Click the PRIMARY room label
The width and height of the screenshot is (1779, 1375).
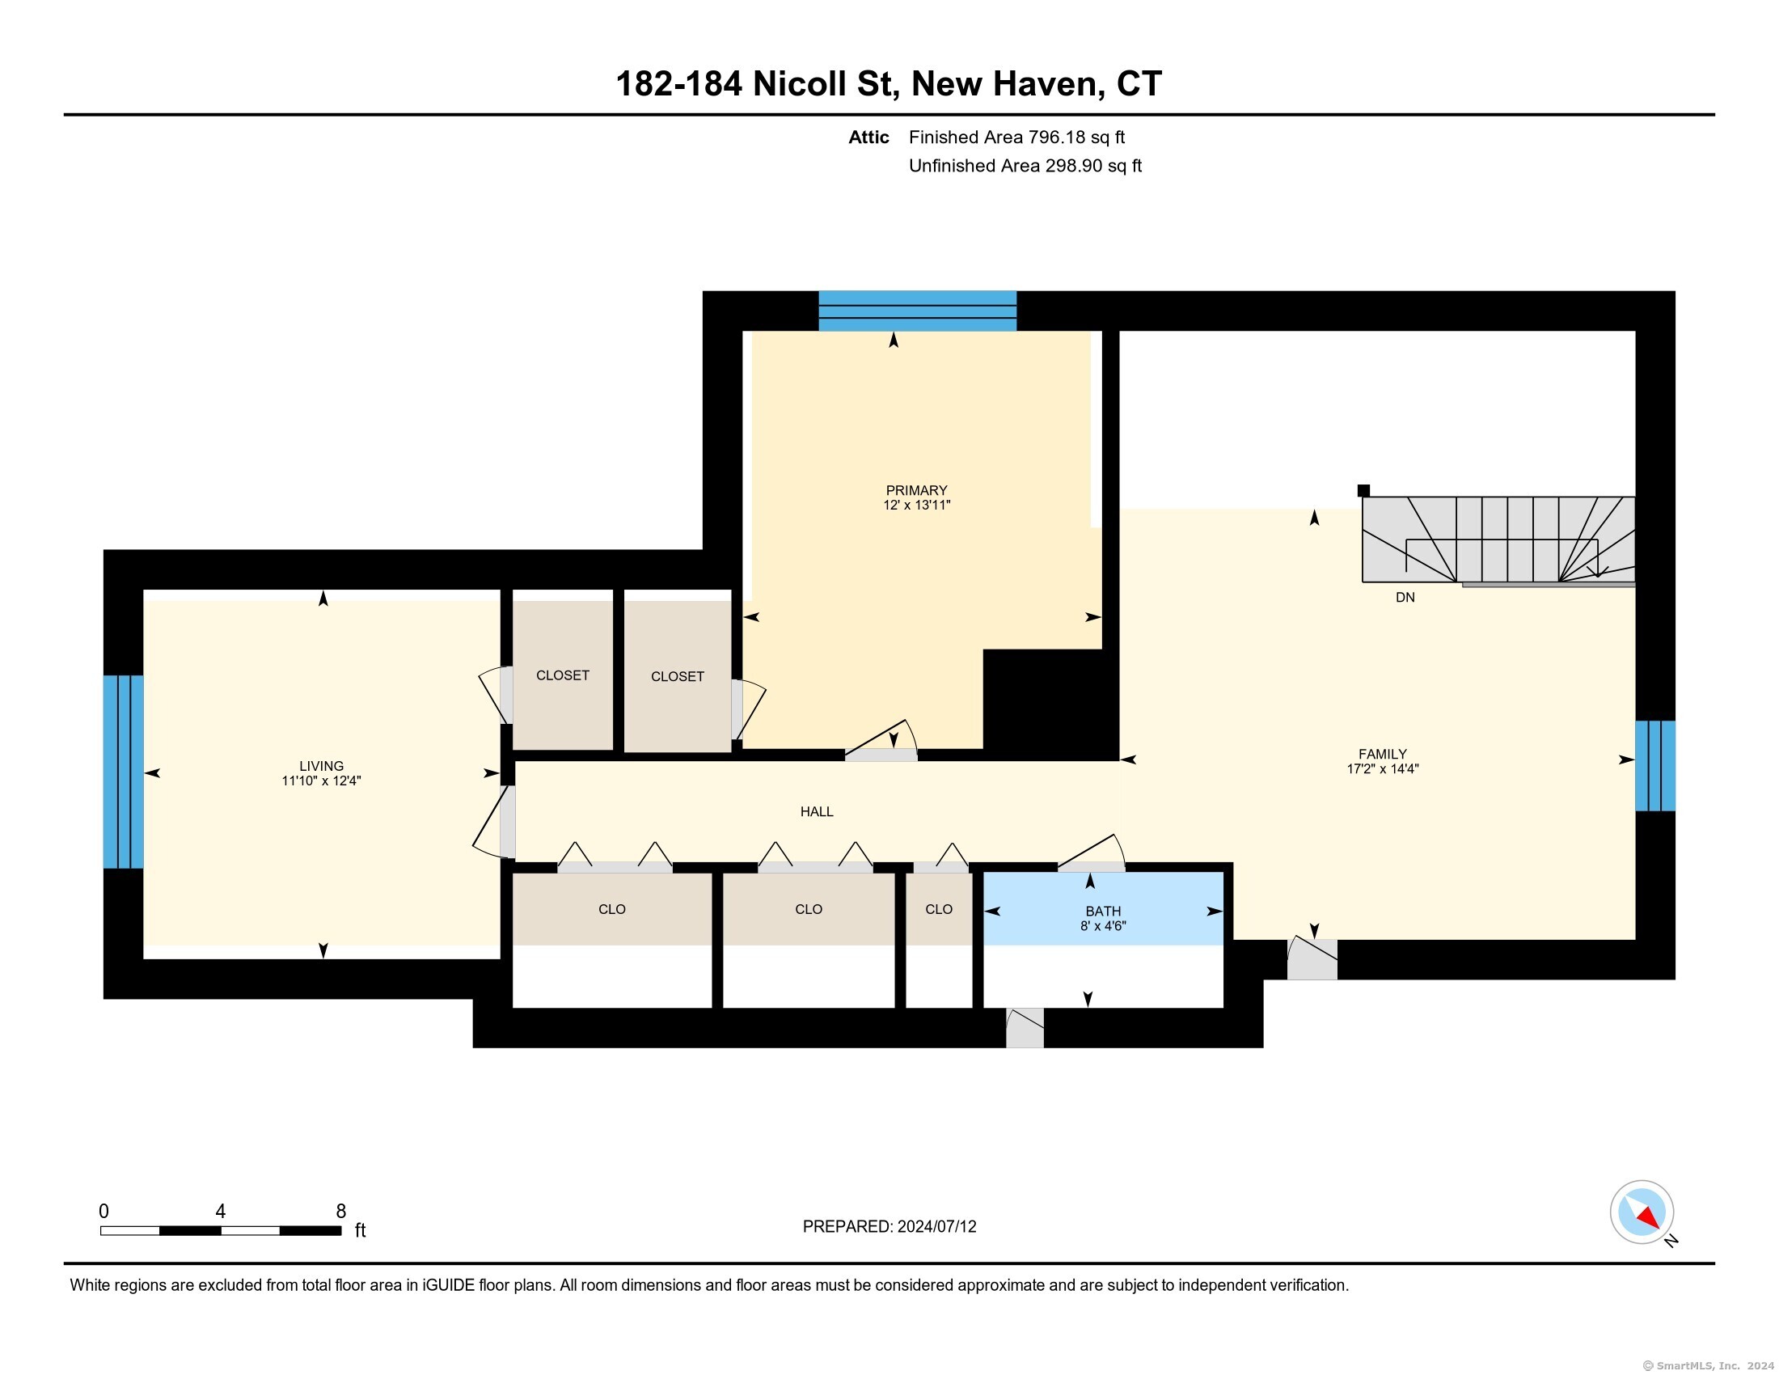point(916,490)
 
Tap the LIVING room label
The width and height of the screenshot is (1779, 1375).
point(322,766)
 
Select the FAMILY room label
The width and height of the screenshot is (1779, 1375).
point(1382,755)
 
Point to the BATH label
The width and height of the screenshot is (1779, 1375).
point(1103,911)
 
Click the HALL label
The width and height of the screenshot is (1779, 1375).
point(816,811)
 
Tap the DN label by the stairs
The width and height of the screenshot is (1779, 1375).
point(1405,597)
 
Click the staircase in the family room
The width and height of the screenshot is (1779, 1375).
point(1498,540)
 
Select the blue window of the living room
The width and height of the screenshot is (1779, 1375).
point(123,772)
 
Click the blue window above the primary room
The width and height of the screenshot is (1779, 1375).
point(917,311)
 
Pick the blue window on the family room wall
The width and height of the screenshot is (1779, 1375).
point(1655,766)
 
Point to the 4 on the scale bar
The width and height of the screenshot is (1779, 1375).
point(220,1212)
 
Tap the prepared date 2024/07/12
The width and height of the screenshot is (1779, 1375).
point(936,1227)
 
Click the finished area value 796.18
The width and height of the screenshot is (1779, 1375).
point(1057,137)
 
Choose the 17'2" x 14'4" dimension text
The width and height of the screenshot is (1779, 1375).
point(1382,768)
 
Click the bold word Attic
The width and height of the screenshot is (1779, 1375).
point(868,137)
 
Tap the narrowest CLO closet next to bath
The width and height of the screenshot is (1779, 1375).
point(939,909)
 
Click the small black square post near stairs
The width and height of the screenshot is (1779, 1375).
point(1363,490)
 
